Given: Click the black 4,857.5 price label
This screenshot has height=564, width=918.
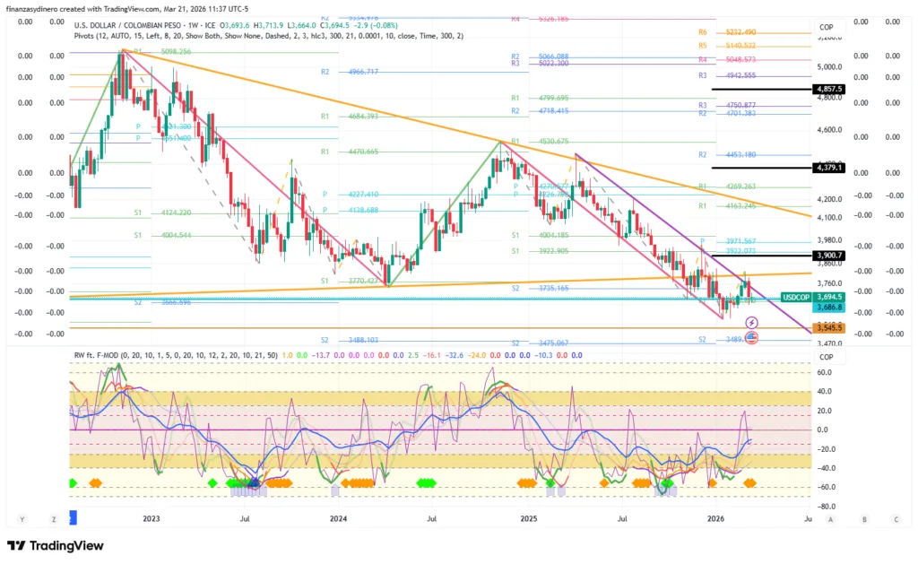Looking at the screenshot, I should [x=827, y=90].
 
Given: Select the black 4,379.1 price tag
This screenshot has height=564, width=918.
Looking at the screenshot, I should [x=827, y=168].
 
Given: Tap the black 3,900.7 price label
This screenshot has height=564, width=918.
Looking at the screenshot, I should [x=827, y=256].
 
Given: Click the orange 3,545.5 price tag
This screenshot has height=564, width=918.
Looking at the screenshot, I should [x=827, y=328].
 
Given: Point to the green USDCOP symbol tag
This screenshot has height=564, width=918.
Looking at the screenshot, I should [x=795, y=296].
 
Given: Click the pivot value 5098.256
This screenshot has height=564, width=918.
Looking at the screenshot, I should [x=176, y=52].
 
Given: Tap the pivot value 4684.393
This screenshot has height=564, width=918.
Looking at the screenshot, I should [x=359, y=117].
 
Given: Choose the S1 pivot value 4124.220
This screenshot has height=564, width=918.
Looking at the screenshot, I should [x=171, y=213].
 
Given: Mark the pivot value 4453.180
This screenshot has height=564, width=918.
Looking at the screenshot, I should [x=737, y=155].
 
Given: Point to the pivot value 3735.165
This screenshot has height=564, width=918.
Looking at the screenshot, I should [x=550, y=289].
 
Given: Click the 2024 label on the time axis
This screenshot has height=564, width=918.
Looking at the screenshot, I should [x=338, y=518].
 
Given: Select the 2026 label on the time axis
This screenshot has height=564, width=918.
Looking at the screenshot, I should [x=715, y=518].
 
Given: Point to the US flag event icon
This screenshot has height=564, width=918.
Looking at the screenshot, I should [x=751, y=337].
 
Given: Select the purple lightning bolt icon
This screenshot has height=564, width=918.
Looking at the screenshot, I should [x=751, y=322].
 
